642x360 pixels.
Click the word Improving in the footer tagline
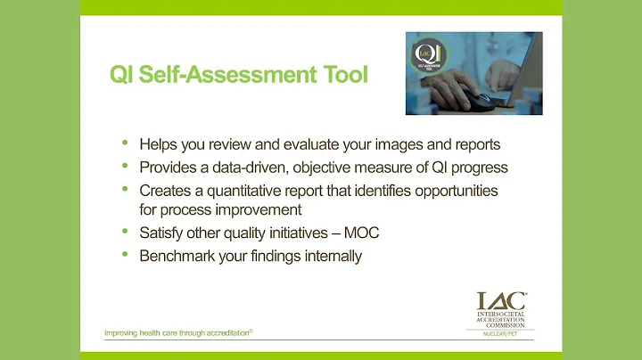(x=123, y=334)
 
